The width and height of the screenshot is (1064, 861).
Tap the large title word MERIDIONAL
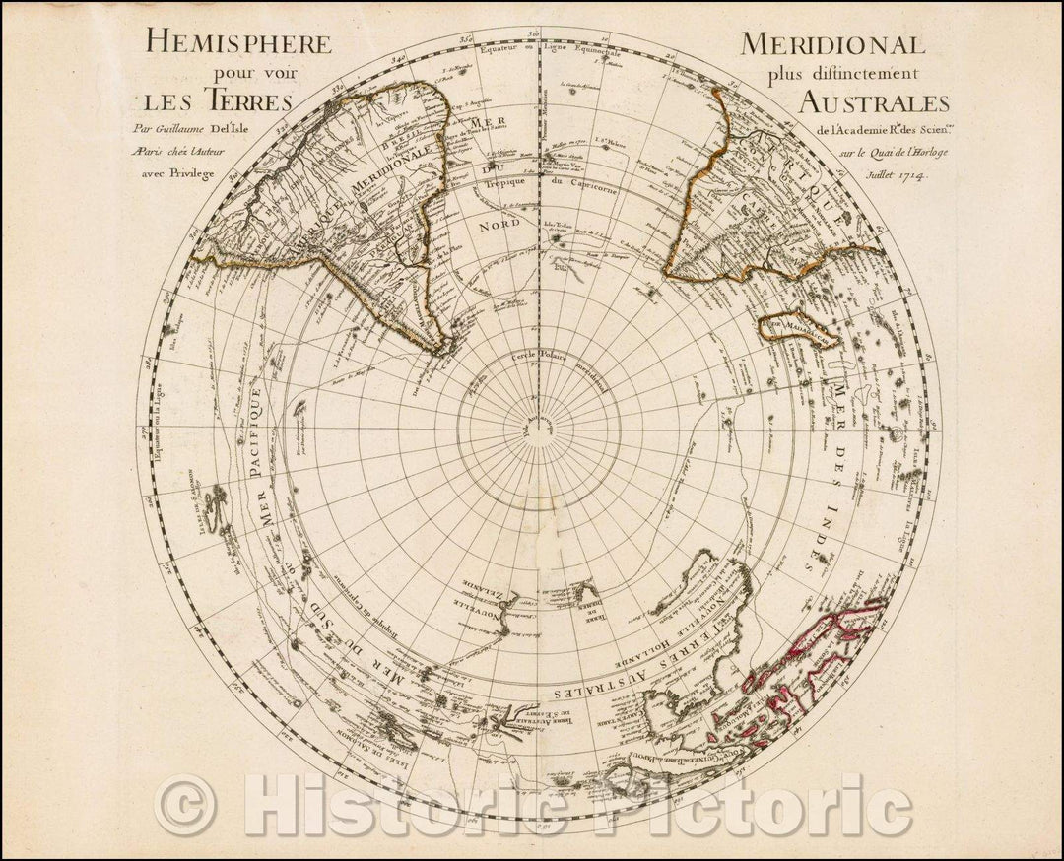click(x=832, y=45)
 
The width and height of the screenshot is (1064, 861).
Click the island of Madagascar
click(x=798, y=330)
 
